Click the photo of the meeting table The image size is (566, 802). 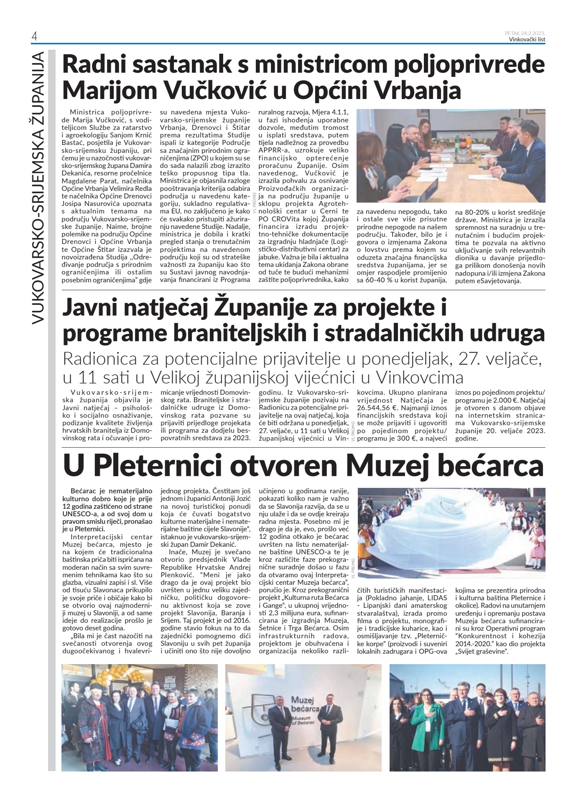tap(451, 155)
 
